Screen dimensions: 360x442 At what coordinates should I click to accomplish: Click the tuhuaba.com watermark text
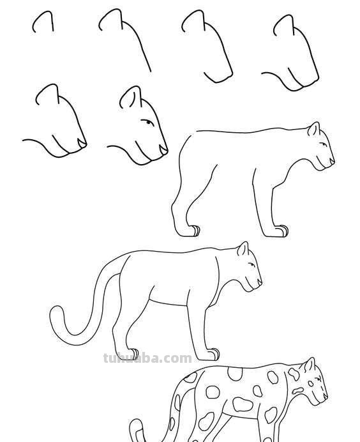coord(147,358)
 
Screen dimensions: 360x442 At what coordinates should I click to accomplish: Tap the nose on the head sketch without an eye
coord(82,144)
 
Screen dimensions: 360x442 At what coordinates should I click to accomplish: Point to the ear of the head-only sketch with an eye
coord(131,96)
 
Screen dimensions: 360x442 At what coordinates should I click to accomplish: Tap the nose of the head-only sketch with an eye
coord(163,149)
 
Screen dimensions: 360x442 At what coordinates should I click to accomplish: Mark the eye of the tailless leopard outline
coord(323,144)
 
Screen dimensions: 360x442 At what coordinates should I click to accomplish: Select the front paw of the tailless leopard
coord(282,231)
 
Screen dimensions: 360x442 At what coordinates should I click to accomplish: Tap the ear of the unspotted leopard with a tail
coord(243,248)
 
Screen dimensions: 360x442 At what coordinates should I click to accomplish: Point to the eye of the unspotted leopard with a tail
coord(251,264)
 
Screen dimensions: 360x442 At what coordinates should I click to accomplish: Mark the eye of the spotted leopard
coord(318,379)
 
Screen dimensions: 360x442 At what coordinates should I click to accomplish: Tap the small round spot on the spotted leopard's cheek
coord(310,384)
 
